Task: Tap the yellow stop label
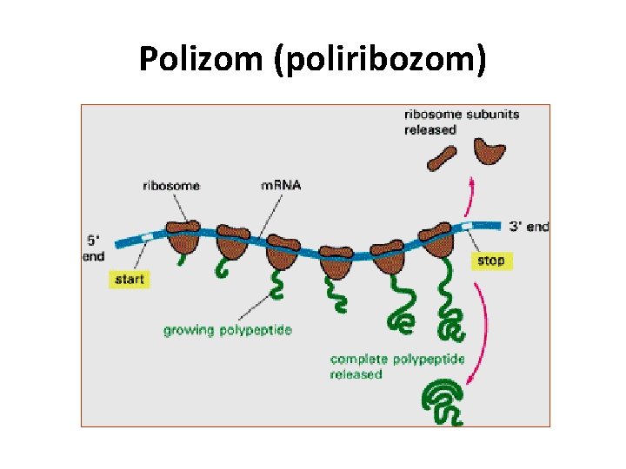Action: click(489, 260)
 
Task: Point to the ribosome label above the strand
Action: click(170, 185)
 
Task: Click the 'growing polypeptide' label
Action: click(228, 330)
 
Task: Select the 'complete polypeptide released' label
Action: click(397, 366)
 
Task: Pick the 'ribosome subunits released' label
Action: click(461, 122)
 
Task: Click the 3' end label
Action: click(528, 227)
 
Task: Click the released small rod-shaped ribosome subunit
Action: click(441, 157)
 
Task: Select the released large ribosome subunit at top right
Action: click(490, 152)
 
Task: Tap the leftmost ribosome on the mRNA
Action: click(183, 233)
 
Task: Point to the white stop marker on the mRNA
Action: click(469, 226)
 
